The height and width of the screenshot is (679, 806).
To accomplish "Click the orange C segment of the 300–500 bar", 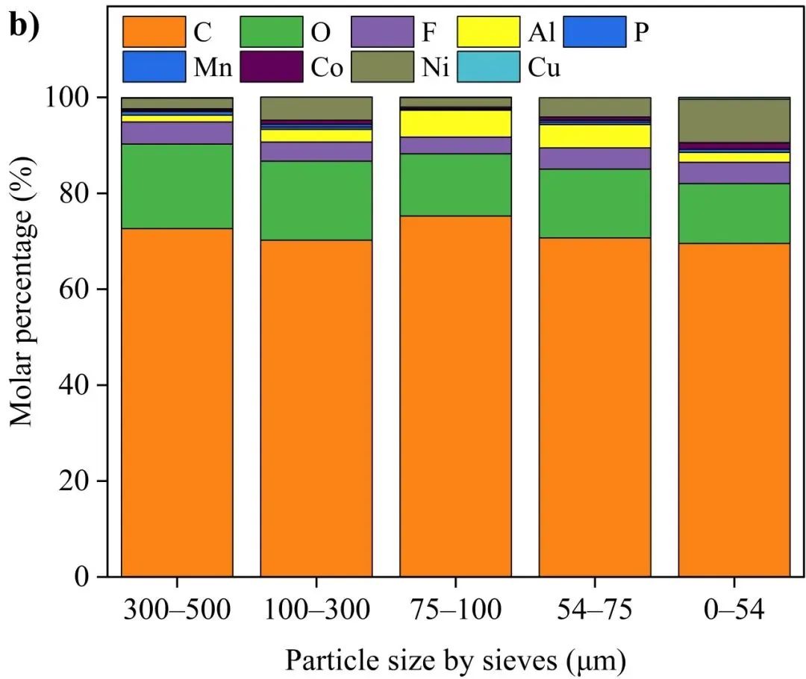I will click(177, 403).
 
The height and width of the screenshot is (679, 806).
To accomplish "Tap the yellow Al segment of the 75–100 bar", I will click(455, 123).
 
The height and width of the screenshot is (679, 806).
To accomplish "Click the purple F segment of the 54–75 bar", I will click(595, 158).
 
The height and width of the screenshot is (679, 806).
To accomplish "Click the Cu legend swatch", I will click(489, 67).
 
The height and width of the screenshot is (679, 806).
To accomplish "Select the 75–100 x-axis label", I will click(455, 610).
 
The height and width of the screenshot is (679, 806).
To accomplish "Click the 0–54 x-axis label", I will click(734, 610).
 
